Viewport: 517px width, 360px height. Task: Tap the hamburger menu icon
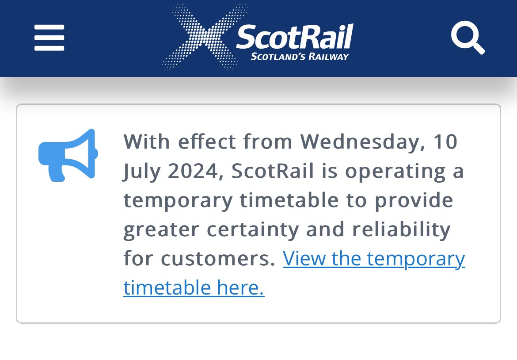(49, 38)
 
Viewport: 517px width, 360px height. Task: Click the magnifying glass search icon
(467, 38)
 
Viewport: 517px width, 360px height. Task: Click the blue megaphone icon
(68, 155)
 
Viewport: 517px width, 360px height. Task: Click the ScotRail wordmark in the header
(295, 36)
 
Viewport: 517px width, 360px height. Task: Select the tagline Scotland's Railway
(300, 57)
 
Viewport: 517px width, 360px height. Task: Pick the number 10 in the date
(445, 142)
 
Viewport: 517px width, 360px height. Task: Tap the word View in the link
(304, 259)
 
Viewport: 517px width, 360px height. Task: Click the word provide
(414, 200)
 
